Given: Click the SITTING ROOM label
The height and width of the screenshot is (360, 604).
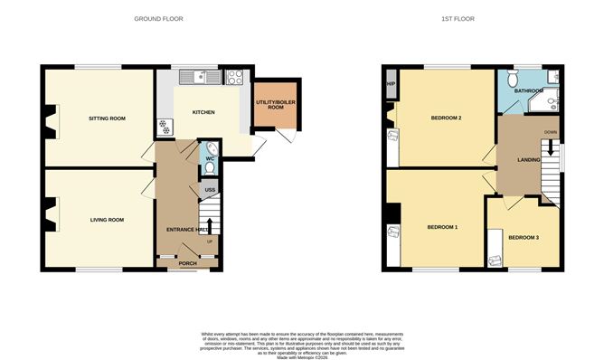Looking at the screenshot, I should coord(106,118).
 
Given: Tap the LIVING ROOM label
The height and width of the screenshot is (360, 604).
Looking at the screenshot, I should coord(106,219).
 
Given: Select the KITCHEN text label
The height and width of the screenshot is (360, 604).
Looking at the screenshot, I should coord(203,112).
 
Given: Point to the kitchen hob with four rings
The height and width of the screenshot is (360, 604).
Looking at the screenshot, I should coord(233,78).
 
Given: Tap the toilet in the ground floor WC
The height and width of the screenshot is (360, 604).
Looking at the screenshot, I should coord(211,150).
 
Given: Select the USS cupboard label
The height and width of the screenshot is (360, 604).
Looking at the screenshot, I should coord(210,189).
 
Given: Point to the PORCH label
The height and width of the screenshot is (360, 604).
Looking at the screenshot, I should coord(187,264).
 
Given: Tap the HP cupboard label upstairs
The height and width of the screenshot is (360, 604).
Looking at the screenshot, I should coord(390,84).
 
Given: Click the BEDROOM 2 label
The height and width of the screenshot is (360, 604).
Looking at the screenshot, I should coord(446,118).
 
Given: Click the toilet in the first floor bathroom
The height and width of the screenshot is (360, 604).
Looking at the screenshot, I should coord(512,104).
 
